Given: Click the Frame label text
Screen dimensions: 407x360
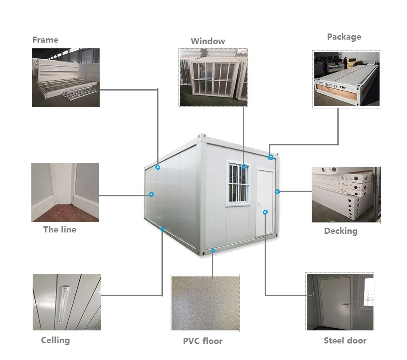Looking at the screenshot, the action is [x=45, y=40].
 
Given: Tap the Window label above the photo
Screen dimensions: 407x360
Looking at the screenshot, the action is [x=208, y=41].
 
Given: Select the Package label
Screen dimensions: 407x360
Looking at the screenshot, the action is [x=344, y=37].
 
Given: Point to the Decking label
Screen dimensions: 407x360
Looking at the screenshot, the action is [x=340, y=231].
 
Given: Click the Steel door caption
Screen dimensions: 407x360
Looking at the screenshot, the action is [x=345, y=341].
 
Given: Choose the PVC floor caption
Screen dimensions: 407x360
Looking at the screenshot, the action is [x=202, y=341].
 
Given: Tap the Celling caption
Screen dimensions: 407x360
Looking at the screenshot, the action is [x=55, y=340].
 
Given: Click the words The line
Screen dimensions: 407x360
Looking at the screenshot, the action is [x=60, y=230].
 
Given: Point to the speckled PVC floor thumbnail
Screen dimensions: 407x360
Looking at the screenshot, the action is [x=205, y=302].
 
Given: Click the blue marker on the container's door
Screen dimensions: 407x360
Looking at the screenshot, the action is [x=265, y=212].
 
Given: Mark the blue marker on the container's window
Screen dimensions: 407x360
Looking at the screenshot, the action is [x=244, y=166].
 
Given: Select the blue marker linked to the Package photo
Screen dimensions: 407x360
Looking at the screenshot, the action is [x=270, y=157].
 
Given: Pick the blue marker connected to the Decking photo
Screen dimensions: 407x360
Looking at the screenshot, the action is [x=277, y=192].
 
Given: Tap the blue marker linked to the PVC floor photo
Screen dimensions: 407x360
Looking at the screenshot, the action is [x=213, y=250].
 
